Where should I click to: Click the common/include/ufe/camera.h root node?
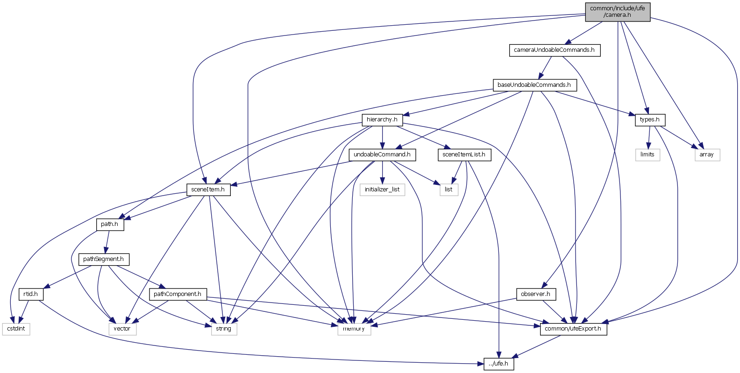point(617,12)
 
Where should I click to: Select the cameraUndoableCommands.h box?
point(554,50)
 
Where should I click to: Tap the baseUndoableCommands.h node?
point(534,85)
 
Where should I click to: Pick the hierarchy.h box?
point(382,120)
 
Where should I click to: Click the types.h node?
point(649,120)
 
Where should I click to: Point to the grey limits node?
point(647,155)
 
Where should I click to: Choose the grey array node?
point(706,155)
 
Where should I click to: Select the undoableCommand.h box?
point(382,155)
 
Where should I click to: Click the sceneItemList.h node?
point(464,155)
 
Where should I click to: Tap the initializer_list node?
point(382,190)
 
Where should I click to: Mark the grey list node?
point(448,190)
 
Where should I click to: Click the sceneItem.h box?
point(208,190)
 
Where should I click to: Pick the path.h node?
point(110,224)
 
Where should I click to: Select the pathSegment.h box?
point(103,259)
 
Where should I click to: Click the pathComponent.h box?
point(178,294)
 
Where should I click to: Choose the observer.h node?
point(535,294)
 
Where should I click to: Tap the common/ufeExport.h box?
point(573,329)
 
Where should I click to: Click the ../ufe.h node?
point(498,364)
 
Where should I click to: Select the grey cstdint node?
point(16,329)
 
